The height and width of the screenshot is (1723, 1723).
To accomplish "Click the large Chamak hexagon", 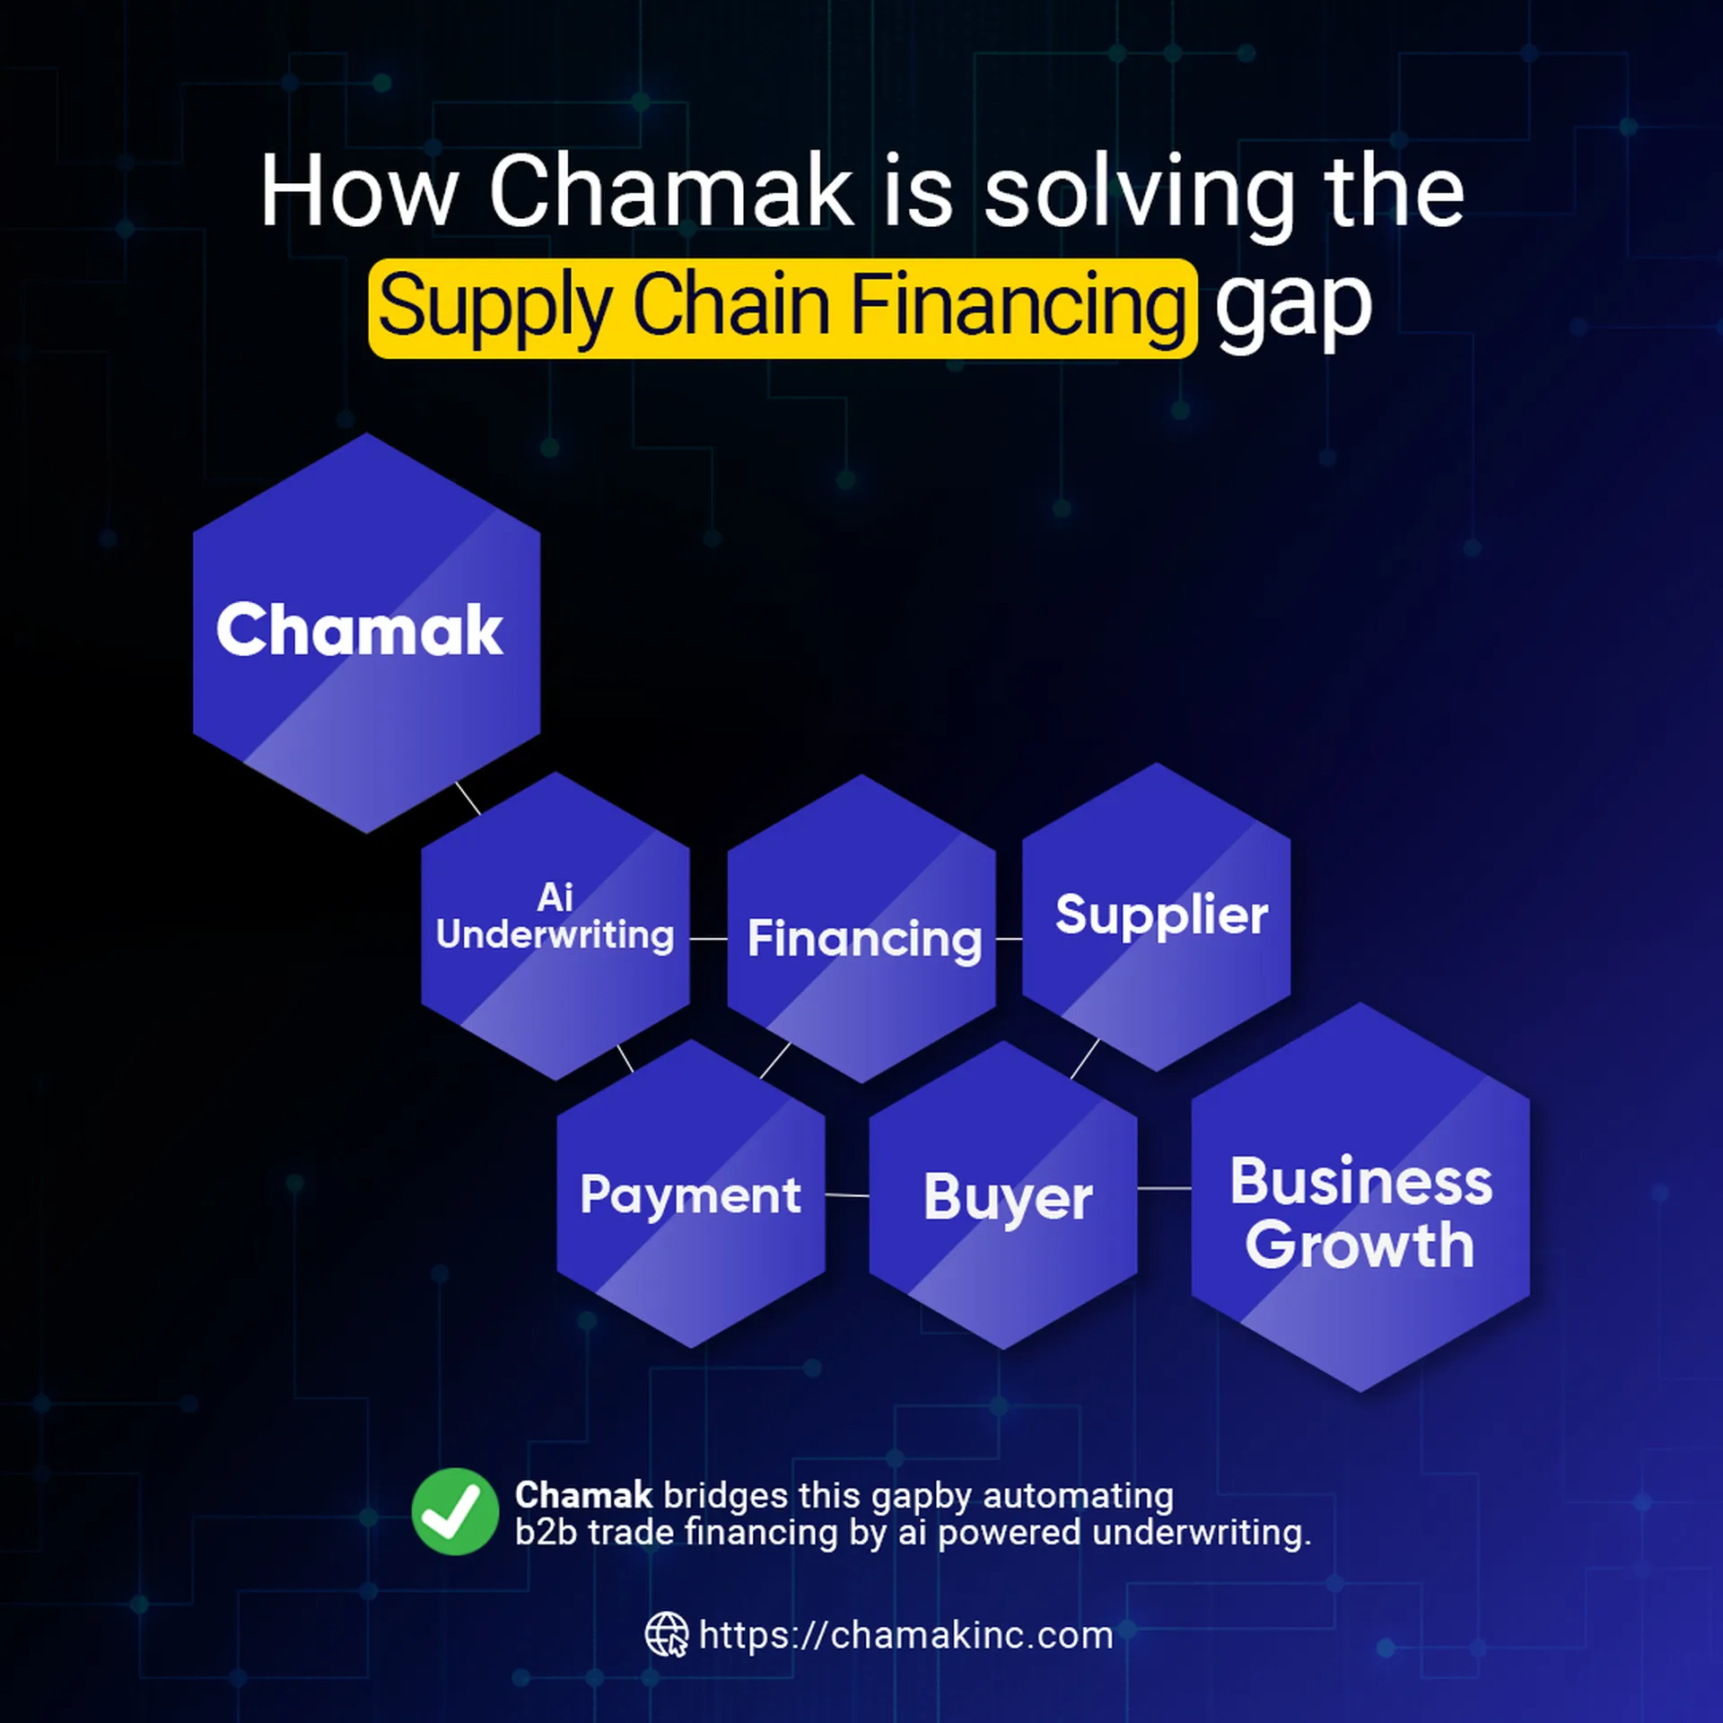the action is pos(366,633).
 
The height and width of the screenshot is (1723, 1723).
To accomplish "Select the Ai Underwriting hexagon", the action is pos(555,926).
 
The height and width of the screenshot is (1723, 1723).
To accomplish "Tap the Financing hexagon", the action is pos(861,929).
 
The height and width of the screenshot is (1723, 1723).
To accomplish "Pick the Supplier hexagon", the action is pos(1157,917).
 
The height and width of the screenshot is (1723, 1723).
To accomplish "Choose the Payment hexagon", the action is pos(691,1194).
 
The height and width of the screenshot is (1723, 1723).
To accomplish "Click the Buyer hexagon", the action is pos(1003,1195).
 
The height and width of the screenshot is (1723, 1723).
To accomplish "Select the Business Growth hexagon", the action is pos(1360,1197).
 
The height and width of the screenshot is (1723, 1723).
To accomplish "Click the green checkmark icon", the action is pos(455,1512).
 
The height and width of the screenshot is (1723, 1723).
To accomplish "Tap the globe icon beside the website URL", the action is pos(667,1634).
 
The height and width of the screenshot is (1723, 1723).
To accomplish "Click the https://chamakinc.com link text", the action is pos(905,1635).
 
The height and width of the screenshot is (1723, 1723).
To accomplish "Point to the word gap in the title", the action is pos(1293,305).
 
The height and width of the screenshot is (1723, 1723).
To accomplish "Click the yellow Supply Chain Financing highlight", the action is pos(783,308).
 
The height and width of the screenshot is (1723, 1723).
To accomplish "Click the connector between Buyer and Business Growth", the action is pos(1164,1188).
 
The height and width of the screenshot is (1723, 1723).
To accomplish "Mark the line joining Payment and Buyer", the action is pos(847,1195).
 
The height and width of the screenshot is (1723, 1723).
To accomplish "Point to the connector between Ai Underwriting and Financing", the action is pos(708,939).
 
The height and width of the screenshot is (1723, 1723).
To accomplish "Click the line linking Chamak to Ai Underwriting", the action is pos(468,798).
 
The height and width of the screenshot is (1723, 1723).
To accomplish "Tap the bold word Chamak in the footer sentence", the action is pos(583,1496).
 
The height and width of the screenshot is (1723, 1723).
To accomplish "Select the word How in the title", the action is pos(359,191).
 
